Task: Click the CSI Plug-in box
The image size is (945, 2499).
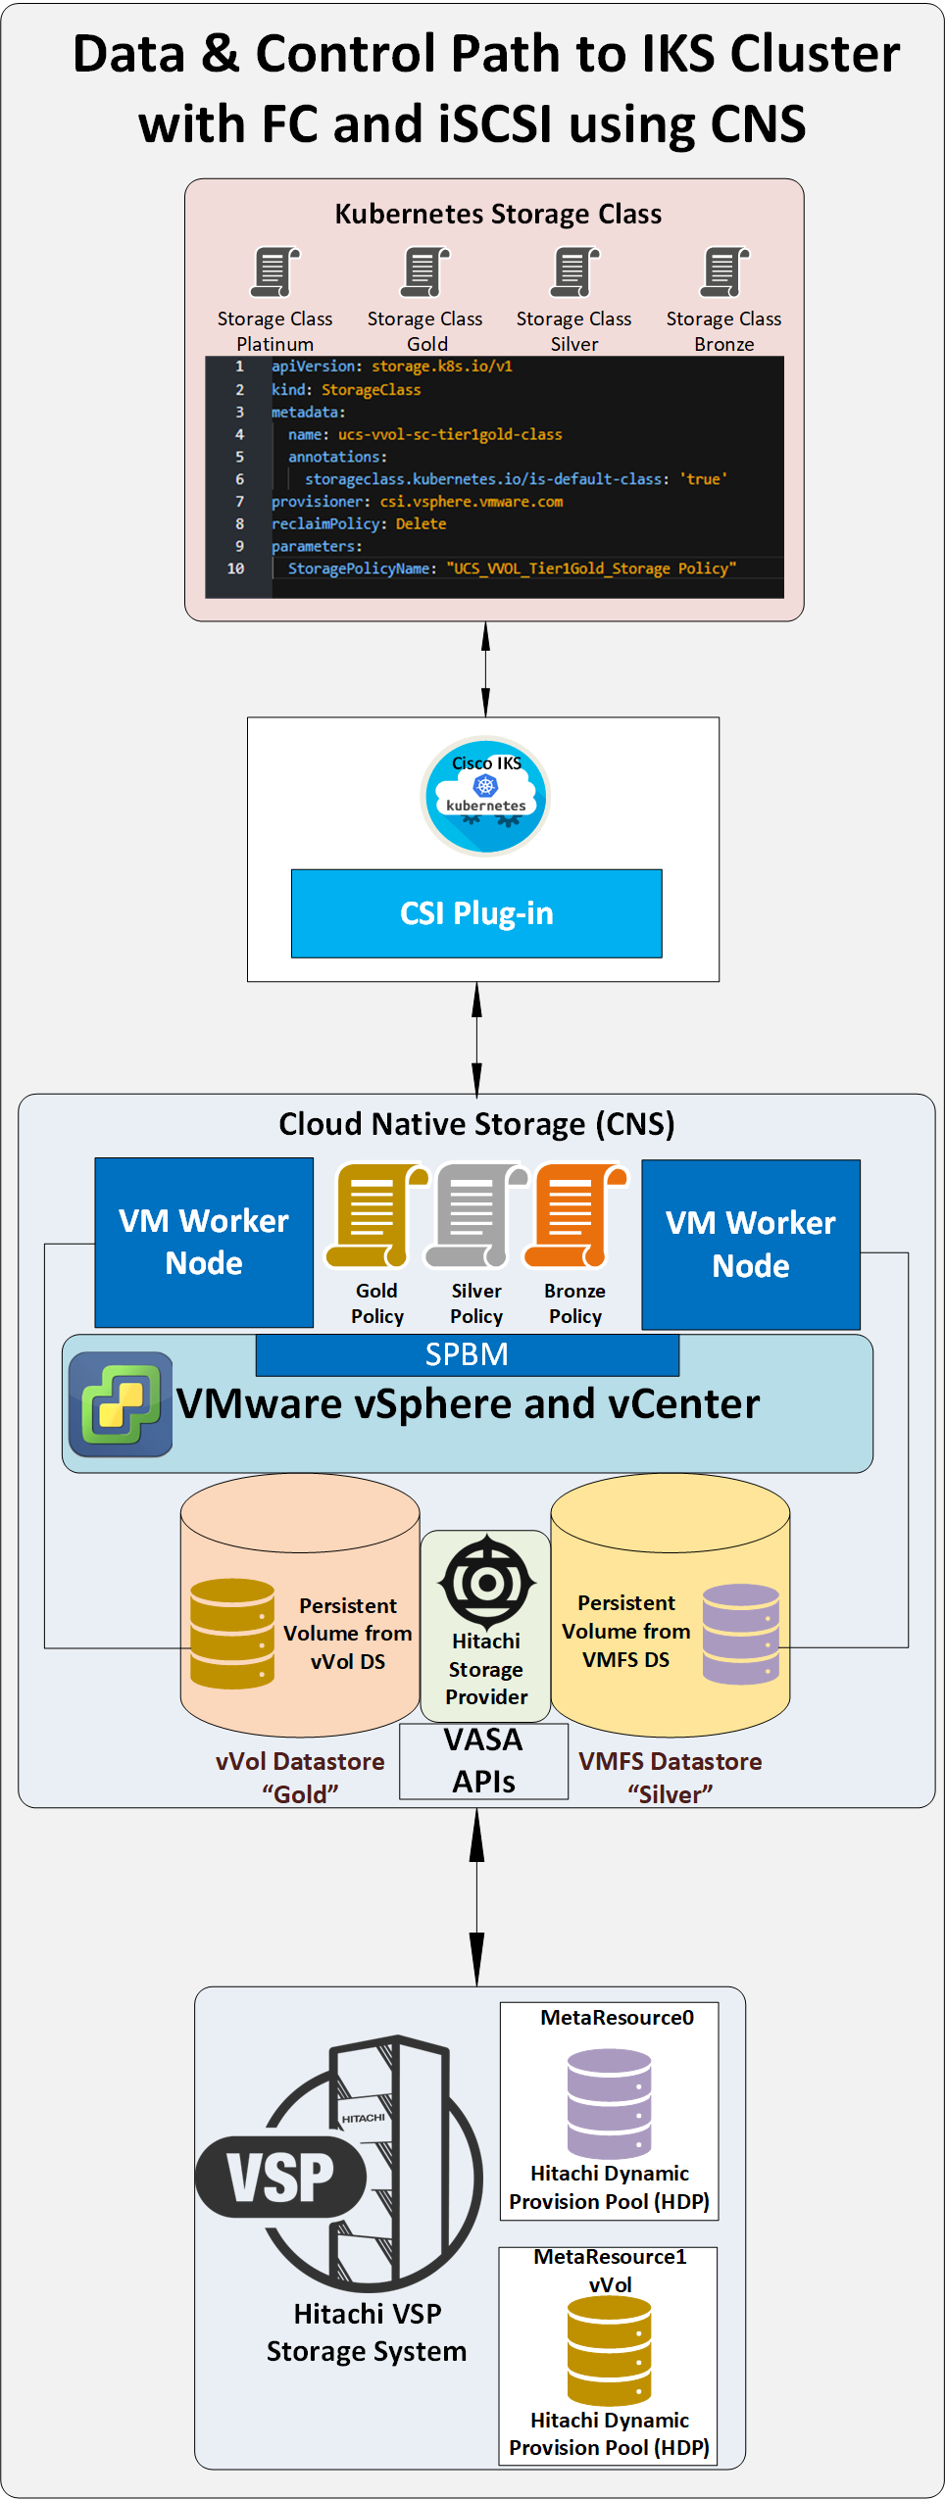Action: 476,912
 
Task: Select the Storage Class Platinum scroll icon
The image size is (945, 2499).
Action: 274,271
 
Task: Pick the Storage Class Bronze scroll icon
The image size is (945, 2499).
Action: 724,271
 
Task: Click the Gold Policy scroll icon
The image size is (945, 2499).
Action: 376,1215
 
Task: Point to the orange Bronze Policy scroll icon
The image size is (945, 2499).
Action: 575,1215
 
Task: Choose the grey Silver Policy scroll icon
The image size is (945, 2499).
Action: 475,1215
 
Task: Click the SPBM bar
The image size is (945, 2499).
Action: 467,1354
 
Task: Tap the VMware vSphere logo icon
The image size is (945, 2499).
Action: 120,1403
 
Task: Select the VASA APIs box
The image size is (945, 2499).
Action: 483,1760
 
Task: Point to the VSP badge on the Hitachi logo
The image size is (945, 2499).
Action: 280,2178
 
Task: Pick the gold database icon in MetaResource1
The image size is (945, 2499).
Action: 609,2350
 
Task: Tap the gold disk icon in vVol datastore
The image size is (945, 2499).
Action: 232,1633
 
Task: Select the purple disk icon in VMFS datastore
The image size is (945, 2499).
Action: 741,1633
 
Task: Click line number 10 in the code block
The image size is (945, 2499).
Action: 235,568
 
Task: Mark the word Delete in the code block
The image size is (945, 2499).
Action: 421,524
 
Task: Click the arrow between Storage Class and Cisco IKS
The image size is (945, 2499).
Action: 485,669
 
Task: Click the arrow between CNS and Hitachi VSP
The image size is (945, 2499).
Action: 476,1896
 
